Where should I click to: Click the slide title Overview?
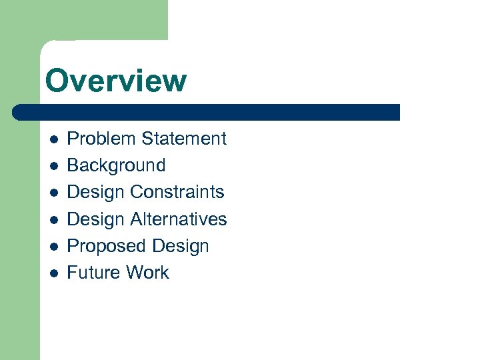pos(116,81)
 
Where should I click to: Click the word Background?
pos(116,165)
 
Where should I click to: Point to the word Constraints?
pos(177,192)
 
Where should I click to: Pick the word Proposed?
pos(107,246)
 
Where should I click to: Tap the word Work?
pos(149,273)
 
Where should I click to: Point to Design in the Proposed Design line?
pos(181,246)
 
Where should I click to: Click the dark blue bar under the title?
pos(207,112)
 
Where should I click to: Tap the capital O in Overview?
pos(57,81)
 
